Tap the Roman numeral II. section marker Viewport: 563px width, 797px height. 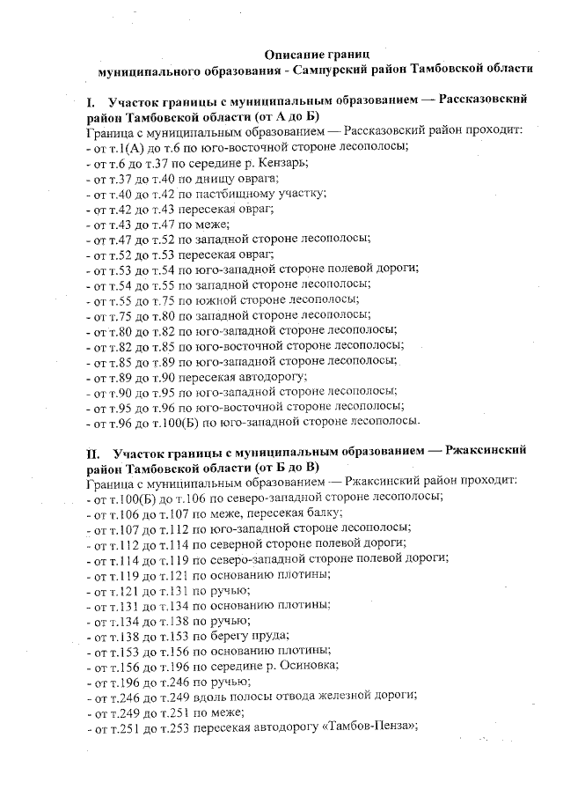93,452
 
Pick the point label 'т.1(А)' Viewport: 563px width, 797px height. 128,148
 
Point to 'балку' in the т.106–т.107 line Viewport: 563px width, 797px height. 326,513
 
